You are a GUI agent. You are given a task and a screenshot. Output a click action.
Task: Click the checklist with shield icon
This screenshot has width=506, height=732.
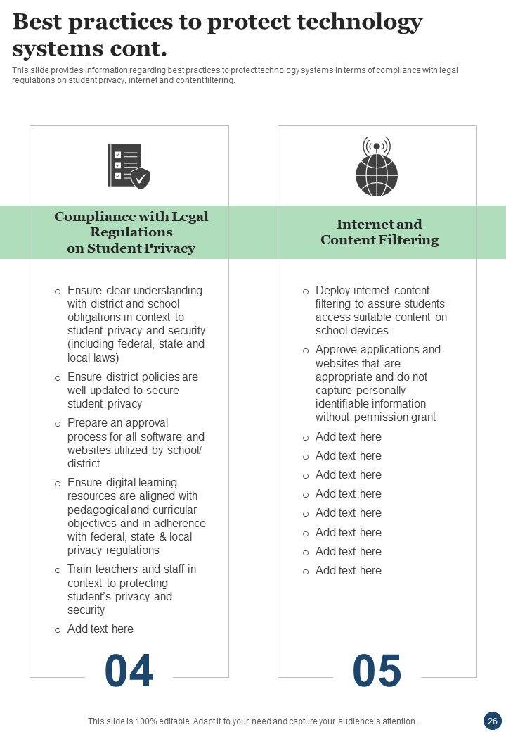point(129,166)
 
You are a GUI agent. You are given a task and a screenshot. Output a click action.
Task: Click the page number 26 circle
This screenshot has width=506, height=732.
point(492,720)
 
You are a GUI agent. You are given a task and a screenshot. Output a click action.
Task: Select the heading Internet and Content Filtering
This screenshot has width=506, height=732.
point(379,232)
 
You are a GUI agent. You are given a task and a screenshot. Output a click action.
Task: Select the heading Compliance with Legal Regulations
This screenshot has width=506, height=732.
point(131,224)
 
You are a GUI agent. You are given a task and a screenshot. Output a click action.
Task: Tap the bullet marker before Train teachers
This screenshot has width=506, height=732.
point(58,570)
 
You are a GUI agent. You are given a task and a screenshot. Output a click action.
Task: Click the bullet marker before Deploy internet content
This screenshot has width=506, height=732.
point(306,291)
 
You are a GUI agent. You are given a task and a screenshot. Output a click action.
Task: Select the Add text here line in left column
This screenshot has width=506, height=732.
point(100,629)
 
